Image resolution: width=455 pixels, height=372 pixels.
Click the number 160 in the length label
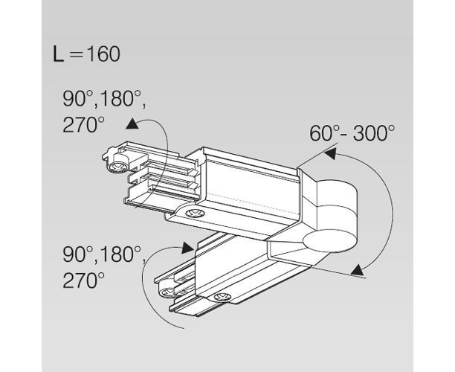tap(103, 54)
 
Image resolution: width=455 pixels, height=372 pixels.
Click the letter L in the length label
tap(58, 54)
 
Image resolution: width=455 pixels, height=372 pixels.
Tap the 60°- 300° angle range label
tap(352, 133)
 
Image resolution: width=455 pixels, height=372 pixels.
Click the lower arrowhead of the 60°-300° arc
tap(357, 270)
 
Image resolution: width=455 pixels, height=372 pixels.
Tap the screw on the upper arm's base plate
tap(195, 214)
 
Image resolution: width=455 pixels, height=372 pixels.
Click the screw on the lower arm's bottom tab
tap(222, 297)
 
